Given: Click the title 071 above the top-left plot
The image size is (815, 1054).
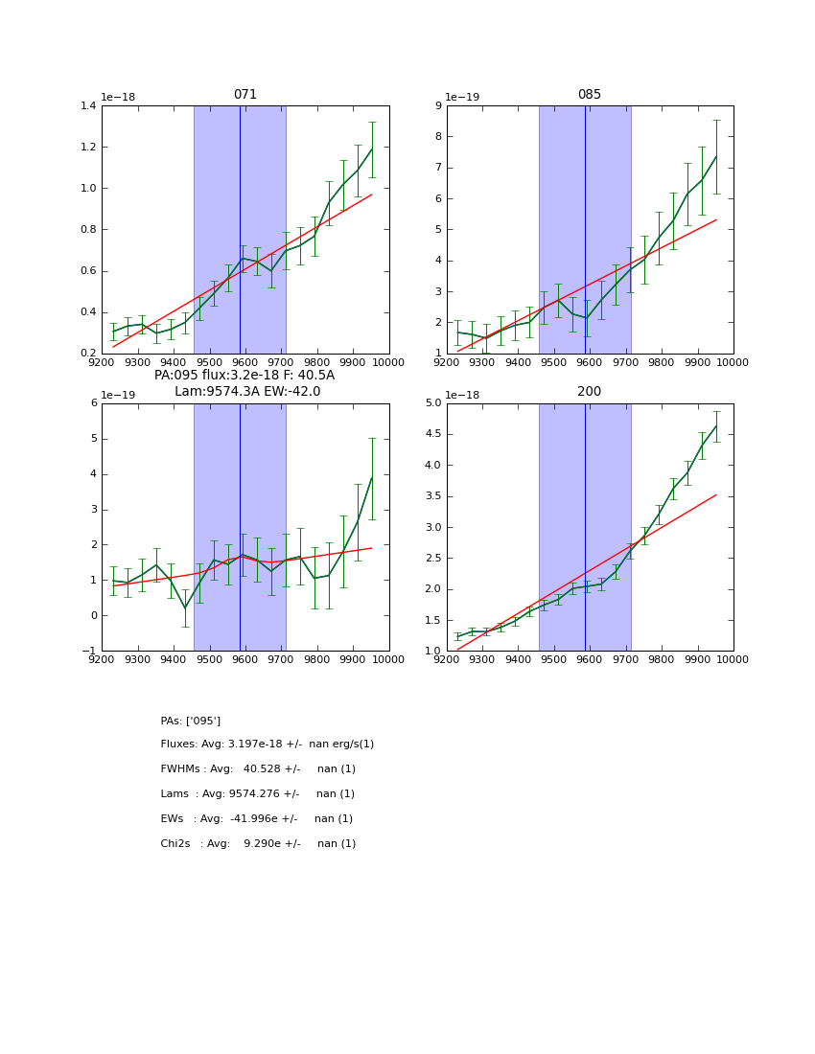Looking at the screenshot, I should pyautogui.click(x=245, y=95).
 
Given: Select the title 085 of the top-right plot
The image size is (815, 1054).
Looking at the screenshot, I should pyautogui.click(x=590, y=95).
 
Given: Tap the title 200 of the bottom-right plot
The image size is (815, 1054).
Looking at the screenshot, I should pyautogui.click(x=590, y=392).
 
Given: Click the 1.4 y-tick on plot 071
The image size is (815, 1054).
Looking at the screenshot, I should pyautogui.click(x=86, y=106).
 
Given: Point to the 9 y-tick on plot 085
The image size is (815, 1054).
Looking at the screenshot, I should pyautogui.click(x=437, y=106).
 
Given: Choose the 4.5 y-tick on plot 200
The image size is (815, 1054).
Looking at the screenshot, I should pyautogui.click(x=431, y=434).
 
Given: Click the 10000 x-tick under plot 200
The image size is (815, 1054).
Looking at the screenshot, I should pyautogui.click(x=733, y=659).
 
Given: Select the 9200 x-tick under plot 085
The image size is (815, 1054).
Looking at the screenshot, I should pyautogui.click(x=447, y=362).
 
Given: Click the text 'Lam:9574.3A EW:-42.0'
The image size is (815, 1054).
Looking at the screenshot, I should pyautogui.click(x=247, y=392).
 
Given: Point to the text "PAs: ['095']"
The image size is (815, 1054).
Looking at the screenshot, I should pyautogui.click(x=191, y=721).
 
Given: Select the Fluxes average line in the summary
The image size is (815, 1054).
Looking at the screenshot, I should pyautogui.click(x=268, y=745).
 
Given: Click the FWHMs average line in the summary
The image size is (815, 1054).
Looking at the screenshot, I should pyautogui.click(x=258, y=769).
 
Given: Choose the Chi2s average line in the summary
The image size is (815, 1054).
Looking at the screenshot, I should pyautogui.click(x=258, y=844).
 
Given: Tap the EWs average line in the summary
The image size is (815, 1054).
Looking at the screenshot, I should pyautogui.click(x=258, y=819).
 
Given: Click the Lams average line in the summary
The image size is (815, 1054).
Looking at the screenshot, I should pyautogui.click(x=258, y=794).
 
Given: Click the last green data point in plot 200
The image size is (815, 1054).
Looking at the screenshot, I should pyautogui.click(x=716, y=425).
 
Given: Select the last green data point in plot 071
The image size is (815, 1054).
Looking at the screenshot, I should pyautogui.click(x=372, y=149).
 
